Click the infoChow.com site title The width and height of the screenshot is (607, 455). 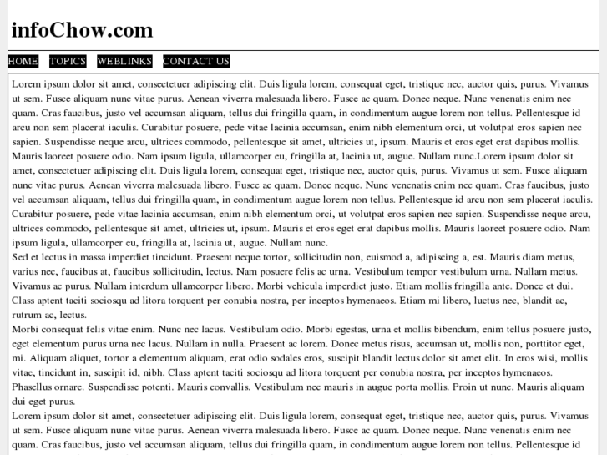click(x=82, y=30)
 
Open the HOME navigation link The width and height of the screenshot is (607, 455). click(x=23, y=61)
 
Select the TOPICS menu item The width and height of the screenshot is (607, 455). click(x=68, y=61)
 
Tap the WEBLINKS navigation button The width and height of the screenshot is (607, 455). click(x=124, y=61)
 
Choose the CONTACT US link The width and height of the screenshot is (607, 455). click(x=196, y=61)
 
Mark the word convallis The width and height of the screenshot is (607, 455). click(x=222, y=387)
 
